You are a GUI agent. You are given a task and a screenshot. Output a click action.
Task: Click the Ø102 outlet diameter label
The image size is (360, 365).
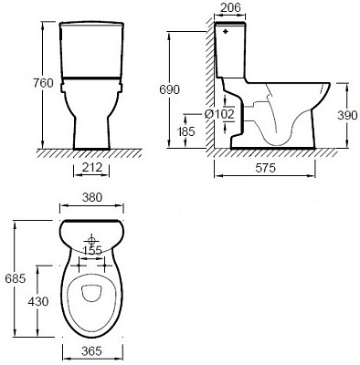228,115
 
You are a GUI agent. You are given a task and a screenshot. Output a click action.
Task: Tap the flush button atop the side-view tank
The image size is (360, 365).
224,29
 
